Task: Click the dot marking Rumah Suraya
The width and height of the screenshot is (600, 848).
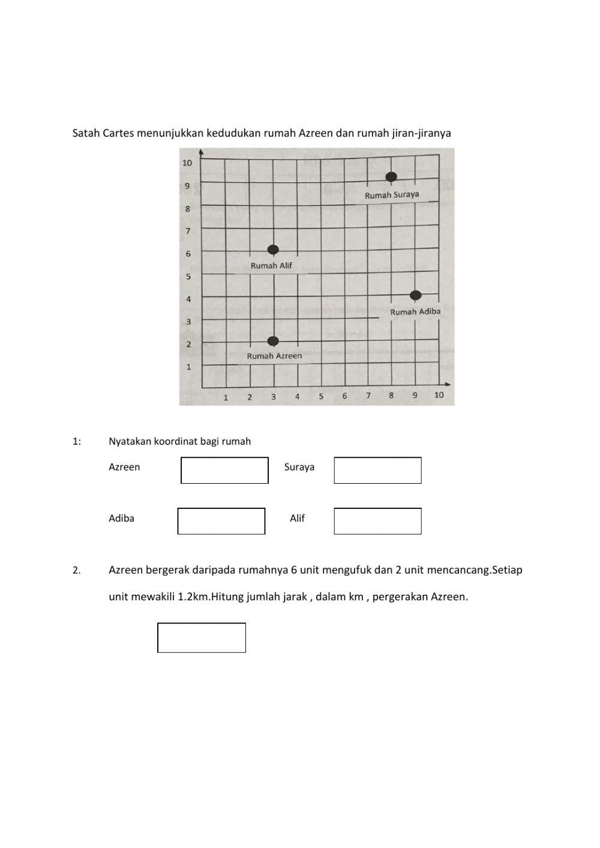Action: (391, 176)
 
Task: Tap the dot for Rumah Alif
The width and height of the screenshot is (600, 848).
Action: (273, 250)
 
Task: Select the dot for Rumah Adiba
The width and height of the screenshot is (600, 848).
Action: (415, 295)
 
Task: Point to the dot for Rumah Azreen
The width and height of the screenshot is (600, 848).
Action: (273, 341)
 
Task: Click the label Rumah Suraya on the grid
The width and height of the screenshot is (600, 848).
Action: (392, 195)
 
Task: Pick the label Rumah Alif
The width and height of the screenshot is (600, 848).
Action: (271, 265)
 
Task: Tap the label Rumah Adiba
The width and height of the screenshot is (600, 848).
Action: (415, 311)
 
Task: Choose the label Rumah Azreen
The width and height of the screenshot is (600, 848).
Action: (274, 356)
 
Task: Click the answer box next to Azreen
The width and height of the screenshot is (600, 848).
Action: (224, 470)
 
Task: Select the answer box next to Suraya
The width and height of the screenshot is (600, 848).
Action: (377, 470)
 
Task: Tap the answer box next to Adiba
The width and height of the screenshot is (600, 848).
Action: (221, 521)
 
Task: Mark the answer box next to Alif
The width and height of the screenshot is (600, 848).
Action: (377, 521)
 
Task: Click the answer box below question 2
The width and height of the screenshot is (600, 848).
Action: (202, 637)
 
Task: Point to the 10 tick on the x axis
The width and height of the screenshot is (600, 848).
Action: (439, 395)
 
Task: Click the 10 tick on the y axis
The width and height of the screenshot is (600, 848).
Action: (187, 163)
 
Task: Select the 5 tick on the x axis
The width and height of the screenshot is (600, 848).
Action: (321, 396)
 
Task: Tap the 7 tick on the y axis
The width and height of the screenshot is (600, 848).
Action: (188, 231)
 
